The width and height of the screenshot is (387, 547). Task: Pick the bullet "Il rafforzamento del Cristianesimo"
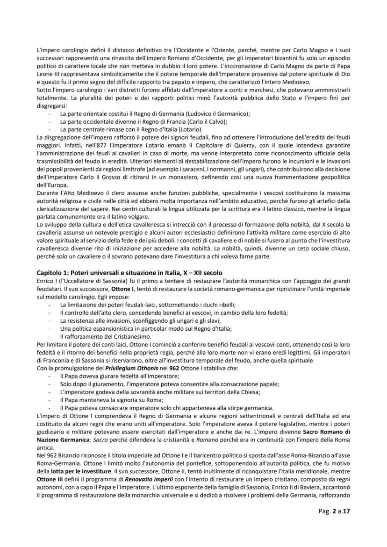click(107, 336)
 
